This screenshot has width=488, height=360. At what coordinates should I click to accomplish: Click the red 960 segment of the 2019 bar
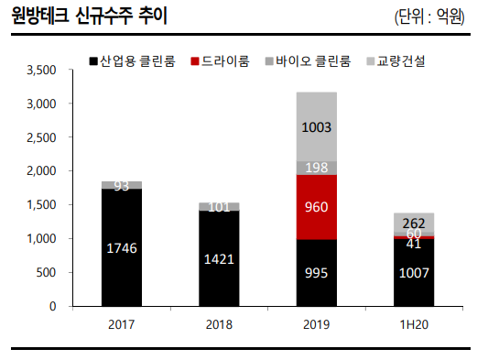316,207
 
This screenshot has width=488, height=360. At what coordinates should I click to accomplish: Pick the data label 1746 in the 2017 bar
121,246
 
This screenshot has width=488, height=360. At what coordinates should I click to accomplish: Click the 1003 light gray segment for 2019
316,126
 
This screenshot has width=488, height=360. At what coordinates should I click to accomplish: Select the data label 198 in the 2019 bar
316,168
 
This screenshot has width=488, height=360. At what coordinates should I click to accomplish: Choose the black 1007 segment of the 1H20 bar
413,272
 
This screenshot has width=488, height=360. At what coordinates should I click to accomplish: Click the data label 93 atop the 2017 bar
121,186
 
